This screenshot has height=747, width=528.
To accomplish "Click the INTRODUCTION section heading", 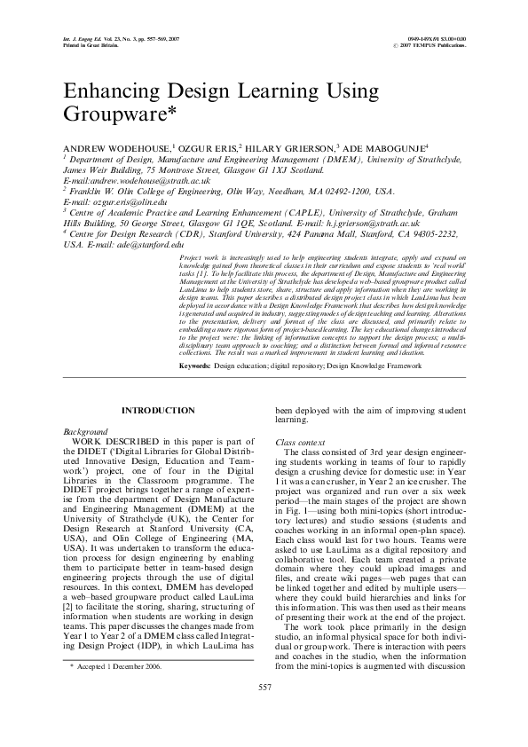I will point(158,410).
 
